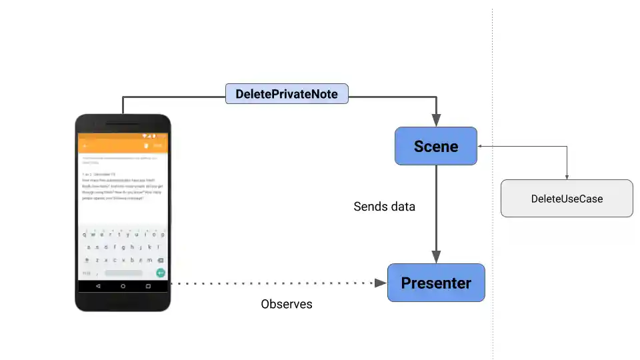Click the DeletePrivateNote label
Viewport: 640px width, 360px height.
point(287,94)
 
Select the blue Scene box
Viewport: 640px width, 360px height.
point(436,146)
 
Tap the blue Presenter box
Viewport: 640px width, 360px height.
point(436,283)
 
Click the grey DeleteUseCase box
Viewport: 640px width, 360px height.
point(567,199)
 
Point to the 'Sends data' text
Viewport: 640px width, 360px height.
point(384,207)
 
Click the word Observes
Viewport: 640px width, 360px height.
point(287,304)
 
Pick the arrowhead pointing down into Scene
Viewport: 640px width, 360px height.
point(436,121)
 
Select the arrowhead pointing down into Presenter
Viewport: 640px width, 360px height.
point(436,257)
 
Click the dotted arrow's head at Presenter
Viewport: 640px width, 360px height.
point(381,283)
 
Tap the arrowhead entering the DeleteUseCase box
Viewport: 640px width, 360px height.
point(567,177)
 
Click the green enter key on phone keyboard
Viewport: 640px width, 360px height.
point(160,273)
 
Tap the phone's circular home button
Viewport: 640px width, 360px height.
point(123,286)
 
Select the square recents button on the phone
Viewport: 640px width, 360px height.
point(148,286)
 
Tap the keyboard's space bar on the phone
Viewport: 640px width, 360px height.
point(123,273)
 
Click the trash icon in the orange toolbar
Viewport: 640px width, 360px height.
point(145,145)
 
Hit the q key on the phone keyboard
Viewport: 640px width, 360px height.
point(85,235)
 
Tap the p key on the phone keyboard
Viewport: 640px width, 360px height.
point(162,235)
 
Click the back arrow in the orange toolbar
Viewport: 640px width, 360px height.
point(85,145)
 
